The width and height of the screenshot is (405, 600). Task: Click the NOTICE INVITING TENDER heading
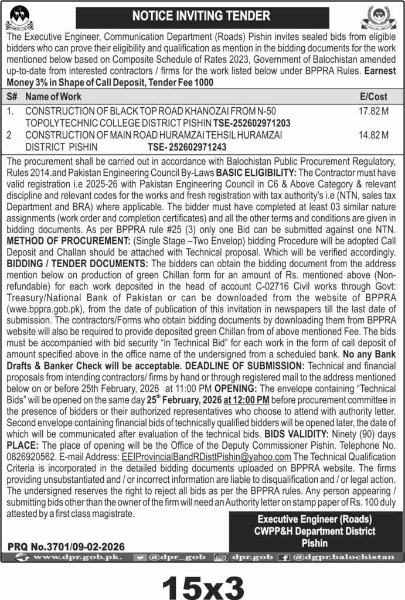click(202, 16)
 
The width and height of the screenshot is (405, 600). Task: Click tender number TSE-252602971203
click(251, 122)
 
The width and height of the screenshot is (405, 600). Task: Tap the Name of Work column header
click(53, 97)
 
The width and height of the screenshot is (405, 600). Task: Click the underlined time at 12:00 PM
click(246, 400)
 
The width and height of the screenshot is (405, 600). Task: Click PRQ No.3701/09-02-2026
click(66, 546)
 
